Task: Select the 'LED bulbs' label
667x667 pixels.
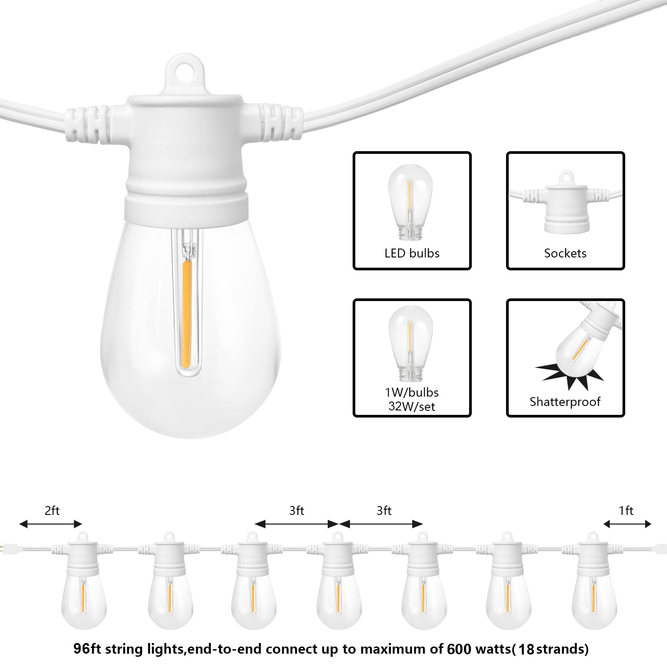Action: click(x=412, y=253)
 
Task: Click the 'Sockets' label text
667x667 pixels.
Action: click(x=565, y=253)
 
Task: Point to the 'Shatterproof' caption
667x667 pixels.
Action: click(x=565, y=402)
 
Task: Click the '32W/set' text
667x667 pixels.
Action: click(x=412, y=406)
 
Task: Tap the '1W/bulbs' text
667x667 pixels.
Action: click(x=412, y=392)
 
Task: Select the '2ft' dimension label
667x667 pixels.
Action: click(x=52, y=510)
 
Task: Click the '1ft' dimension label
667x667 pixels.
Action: click(x=626, y=510)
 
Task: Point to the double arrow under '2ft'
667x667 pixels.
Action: click(x=51, y=524)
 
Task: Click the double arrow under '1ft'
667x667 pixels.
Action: click(x=627, y=524)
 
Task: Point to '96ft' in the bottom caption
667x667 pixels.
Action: click(x=87, y=649)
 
